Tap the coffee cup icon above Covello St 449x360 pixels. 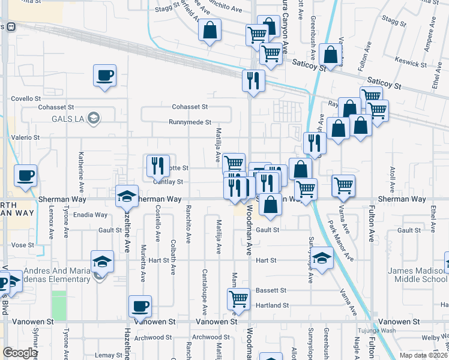[104, 76]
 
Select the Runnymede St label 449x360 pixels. [190, 122]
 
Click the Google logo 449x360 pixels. [20, 353]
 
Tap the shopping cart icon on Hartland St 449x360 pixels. [239, 299]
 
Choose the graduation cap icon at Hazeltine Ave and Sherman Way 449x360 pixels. [127, 197]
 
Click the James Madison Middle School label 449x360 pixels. [413, 275]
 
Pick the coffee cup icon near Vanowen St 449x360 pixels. [140, 307]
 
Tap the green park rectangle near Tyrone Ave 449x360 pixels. [59, 305]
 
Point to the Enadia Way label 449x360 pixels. [89, 214]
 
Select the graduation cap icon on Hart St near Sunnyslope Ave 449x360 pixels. [322, 259]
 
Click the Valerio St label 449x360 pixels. [25, 137]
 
